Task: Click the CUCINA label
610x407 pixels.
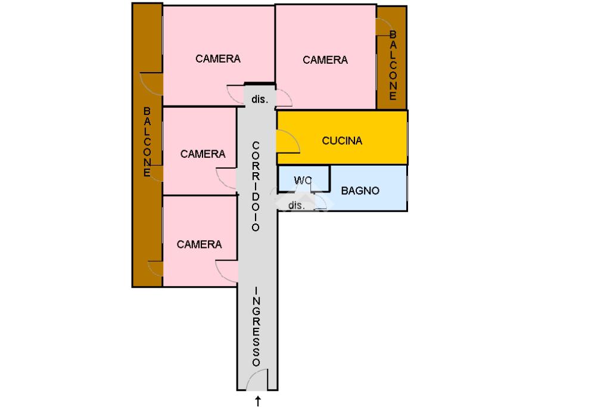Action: (x=342, y=141)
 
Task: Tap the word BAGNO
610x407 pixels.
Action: (x=360, y=191)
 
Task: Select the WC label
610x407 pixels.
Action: (x=303, y=180)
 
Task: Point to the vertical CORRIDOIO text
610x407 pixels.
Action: (x=256, y=186)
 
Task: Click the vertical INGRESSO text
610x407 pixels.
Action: (x=257, y=326)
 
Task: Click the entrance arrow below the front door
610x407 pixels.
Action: (x=258, y=401)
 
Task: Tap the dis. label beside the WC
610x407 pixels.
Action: (x=297, y=206)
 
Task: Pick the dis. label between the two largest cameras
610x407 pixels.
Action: (x=260, y=100)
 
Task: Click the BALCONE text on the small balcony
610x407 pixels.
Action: (x=393, y=66)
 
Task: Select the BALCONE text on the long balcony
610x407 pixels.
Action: (x=147, y=142)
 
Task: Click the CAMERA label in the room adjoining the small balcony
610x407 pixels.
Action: (x=325, y=60)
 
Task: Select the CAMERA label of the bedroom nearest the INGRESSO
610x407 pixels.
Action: (x=199, y=244)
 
